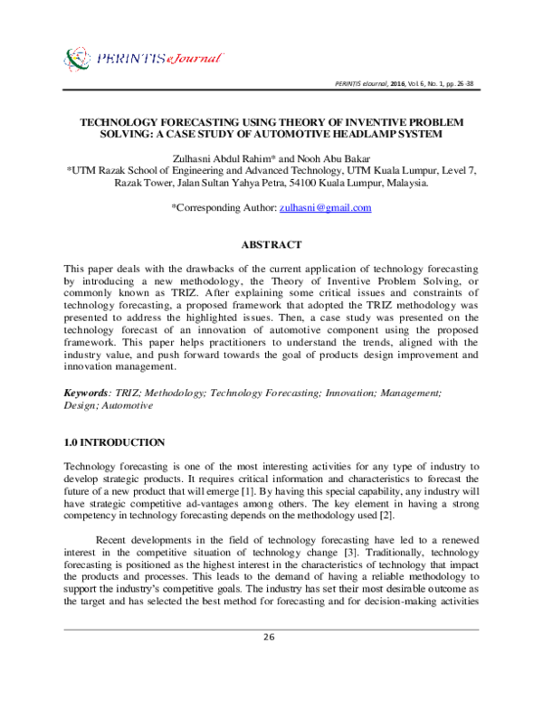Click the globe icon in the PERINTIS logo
pyautogui.click(x=79, y=61)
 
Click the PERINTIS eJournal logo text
pyautogui.click(x=157, y=60)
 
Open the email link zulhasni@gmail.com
pyautogui.click(x=326, y=207)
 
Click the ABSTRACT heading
pyautogui.click(x=271, y=244)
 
